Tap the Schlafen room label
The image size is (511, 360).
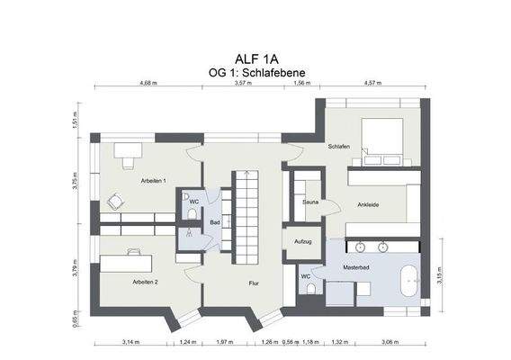point(339,147)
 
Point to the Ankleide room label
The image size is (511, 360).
point(368,204)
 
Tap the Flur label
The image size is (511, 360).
point(255,283)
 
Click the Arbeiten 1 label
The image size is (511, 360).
point(154,182)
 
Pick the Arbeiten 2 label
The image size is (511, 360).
point(145,283)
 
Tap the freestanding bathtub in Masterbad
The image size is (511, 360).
point(407,281)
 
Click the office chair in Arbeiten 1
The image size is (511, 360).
point(115,202)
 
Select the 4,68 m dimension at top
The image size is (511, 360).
point(148,83)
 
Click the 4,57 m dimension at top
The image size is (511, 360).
point(372,83)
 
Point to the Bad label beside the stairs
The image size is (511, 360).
point(215,222)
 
